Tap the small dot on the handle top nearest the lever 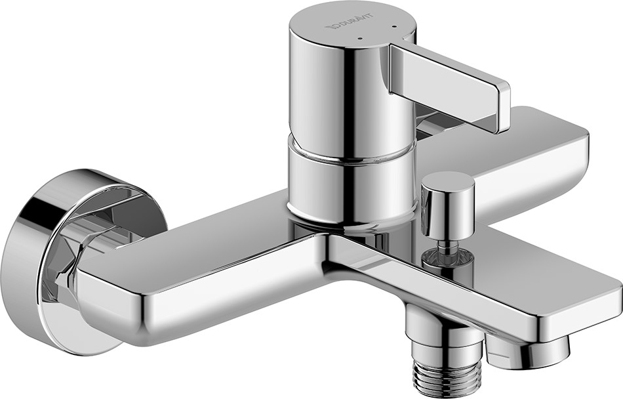tap(393, 29)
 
